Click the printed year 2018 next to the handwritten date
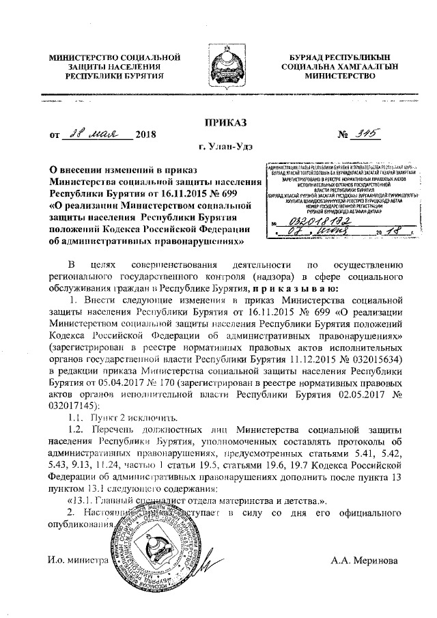coord(146,134)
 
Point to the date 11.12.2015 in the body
coord(309,359)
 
